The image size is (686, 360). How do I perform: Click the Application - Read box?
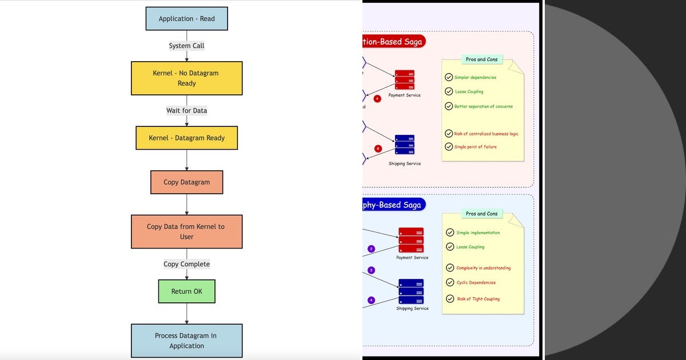tap(186, 18)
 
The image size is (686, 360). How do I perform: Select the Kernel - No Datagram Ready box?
tap(186, 78)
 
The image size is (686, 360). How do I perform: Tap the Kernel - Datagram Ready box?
tap(186, 138)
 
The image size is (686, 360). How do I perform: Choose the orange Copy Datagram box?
tap(186, 182)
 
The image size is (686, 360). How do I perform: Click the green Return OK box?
tap(186, 291)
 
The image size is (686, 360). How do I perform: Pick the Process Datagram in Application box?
tap(186, 341)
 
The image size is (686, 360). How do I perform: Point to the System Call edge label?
tap(186, 46)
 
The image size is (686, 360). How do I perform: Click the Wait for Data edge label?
tap(186, 110)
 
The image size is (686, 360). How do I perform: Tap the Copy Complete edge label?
tap(186, 264)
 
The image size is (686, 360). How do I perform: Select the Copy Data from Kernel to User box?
tap(186, 231)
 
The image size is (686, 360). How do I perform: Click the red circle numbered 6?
tap(377, 149)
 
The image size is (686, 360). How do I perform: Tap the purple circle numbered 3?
tap(371, 270)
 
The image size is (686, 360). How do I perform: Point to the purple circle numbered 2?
tap(371, 249)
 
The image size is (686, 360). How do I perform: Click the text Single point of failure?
tap(475, 147)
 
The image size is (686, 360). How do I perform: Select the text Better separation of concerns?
tap(483, 106)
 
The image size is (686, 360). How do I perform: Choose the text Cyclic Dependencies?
tap(476, 282)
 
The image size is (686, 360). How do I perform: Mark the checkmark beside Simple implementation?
tap(450, 233)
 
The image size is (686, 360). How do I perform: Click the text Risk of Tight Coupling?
tap(478, 299)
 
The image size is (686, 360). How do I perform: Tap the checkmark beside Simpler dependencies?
tap(449, 77)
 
